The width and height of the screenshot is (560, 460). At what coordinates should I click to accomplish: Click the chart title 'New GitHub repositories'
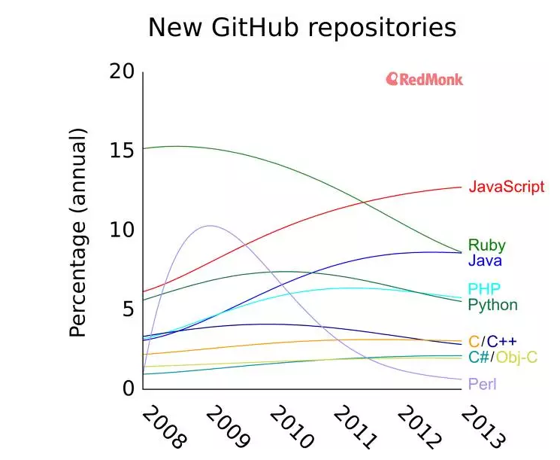click(301, 28)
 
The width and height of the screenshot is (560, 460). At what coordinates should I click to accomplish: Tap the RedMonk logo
click(424, 79)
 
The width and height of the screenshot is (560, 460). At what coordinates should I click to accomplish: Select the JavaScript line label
click(506, 187)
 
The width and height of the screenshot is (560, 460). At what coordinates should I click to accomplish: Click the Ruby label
click(486, 245)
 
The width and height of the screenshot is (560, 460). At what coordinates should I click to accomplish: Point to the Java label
click(485, 261)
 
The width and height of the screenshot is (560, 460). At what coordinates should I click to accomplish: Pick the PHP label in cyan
click(484, 289)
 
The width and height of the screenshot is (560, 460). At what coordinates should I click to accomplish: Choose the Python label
click(492, 305)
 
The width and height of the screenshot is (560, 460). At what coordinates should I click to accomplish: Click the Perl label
click(482, 384)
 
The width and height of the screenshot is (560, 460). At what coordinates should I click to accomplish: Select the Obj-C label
click(516, 357)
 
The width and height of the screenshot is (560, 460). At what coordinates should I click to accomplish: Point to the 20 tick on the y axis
click(122, 72)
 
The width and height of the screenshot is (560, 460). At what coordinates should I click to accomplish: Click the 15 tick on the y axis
click(122, 151)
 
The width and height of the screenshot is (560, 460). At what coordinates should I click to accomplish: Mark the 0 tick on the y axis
click(128, 388)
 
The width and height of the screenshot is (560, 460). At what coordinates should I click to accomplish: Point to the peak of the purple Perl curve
click(208, 226)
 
